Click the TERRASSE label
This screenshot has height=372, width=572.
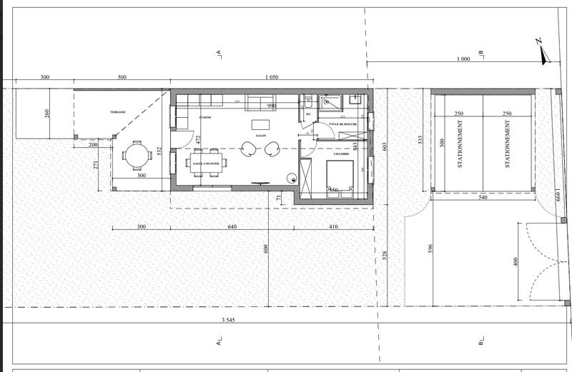coord(118,113)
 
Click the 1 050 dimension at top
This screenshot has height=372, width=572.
coord(271,76)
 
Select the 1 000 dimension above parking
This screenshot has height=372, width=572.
coord(463,60)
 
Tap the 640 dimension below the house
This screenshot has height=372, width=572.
coord(232,226)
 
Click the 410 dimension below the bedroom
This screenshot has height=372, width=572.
coord(335,226)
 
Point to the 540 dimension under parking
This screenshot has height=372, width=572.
coord(482,196)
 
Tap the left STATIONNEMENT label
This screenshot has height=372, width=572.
coord(460,144)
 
